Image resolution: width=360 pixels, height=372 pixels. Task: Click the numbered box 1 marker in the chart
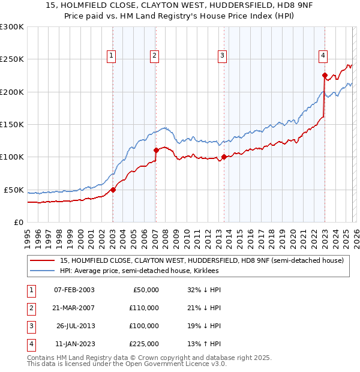pyautogui.click(x=112, y=56)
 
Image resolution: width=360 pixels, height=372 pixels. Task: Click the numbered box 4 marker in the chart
pyautogui.click(x=323, y=56)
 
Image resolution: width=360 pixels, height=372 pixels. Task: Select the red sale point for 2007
pyautogui.click(x=156, y=150)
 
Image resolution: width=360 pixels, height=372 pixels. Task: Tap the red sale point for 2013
pyautogui.click(x=224, y=157)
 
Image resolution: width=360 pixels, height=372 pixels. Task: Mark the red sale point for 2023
pyautogui.click(x=325, y=76)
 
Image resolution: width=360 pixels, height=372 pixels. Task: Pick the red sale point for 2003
pyautogui.click(x=113, y=190)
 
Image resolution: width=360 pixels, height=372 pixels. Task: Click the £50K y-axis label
pyautogui.click(x=14, y=190)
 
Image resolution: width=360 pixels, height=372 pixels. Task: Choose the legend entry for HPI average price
pyautogui.click(x=139, y=271)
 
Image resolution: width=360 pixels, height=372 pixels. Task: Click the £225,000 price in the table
pyautogui.click(x=143, y=344)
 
